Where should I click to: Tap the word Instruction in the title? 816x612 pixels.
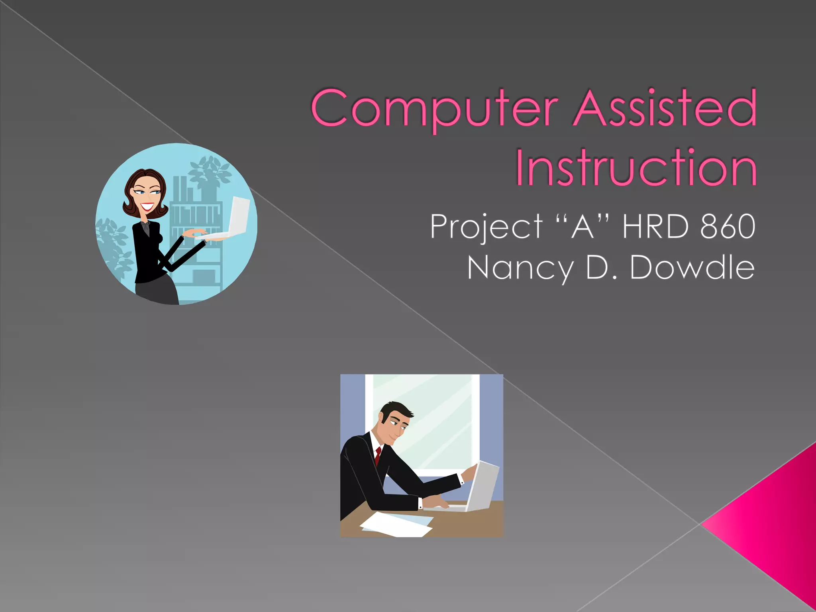(636, 167)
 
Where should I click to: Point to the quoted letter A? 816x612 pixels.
(583, 226)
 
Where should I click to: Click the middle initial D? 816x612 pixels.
(596, 267)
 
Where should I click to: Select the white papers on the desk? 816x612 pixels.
(396, 524)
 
